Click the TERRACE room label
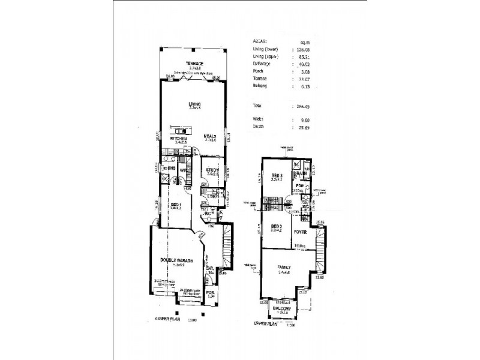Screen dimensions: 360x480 pos(194,64)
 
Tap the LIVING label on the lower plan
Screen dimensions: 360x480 pos(193,104)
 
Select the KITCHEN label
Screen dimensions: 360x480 pos(178,139)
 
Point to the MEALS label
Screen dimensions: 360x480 pos(209,135)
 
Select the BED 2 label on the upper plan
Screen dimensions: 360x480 pos(275,229)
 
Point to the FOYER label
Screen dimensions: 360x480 pos(301,231)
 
